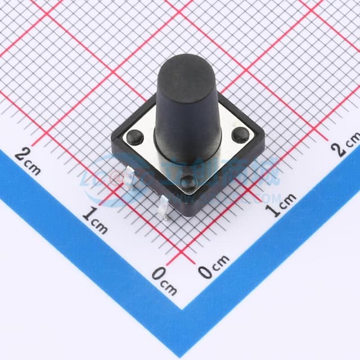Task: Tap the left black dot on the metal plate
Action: (133, 136)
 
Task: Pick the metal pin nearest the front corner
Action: (164, 208)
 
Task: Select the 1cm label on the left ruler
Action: (95, 220)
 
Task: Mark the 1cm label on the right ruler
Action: (280, 205)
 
